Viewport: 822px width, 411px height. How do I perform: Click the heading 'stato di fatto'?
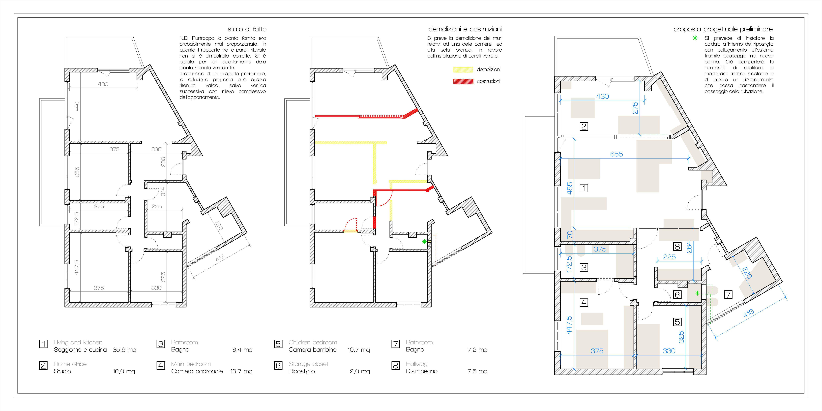247,29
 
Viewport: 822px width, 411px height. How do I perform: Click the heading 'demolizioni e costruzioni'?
465,29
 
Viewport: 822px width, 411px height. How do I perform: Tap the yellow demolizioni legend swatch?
463,70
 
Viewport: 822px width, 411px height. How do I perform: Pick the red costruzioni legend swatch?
463,81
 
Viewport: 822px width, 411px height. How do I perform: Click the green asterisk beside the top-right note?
695,38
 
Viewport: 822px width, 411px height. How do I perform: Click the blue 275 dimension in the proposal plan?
635,108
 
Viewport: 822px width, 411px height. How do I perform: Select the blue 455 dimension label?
570,188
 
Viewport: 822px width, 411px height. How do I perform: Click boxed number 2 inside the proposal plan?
584,126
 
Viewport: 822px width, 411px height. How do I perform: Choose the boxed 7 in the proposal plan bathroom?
728,294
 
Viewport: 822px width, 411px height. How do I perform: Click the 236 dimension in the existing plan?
163,162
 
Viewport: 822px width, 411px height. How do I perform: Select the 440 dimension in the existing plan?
77,106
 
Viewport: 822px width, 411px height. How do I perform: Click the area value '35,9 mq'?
124,350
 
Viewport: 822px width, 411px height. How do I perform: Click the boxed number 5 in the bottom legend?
278,344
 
